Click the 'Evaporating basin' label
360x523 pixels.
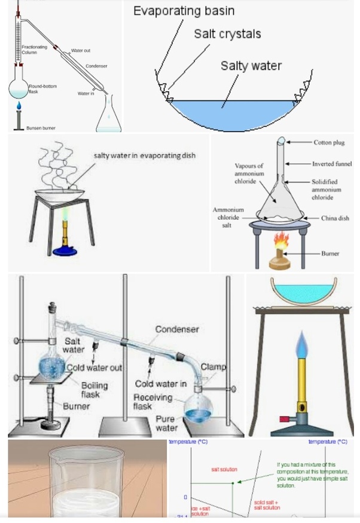(184, 11)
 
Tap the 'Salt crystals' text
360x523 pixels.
(227, 34)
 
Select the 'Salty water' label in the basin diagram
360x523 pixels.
(251, 65)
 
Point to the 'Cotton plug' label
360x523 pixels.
(330, 143)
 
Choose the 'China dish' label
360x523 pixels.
(335, 218)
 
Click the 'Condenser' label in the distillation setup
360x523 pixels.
(177, 329)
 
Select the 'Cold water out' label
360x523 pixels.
(94, 368)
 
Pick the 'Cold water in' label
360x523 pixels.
(160, 384)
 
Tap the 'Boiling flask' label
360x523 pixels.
(94, 390)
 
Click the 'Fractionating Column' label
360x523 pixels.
(29, 50)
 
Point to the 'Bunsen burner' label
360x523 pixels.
(41, 128)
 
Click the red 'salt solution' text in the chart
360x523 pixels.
(224, 470)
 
